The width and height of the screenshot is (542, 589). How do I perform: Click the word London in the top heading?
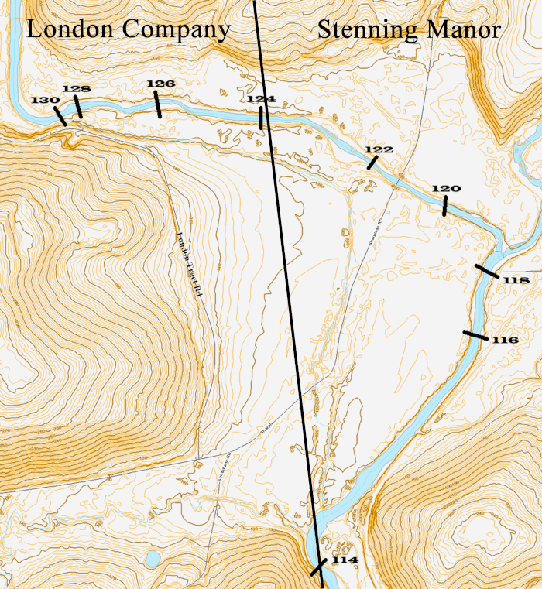(x=67, y=29)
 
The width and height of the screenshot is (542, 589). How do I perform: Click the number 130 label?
(x=44, y=101)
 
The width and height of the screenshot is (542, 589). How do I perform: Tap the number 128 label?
(x=76, y=89)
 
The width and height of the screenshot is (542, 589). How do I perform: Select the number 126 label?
(x=160, y=83)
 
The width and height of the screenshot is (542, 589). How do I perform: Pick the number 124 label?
(x=261, y=99)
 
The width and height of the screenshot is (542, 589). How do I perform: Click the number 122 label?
(x=379, y=149)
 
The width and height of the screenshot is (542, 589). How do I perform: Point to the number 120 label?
(x=446, y=188)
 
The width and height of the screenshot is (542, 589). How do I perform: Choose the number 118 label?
(x=515, y=279)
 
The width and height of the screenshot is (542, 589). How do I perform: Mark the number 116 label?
(x=504, y=340)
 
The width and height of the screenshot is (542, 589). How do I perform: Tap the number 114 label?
(x=345, y=560)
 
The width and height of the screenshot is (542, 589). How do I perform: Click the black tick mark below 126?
(x=158, y=104)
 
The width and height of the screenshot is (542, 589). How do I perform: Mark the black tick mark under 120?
(x=444, y=206)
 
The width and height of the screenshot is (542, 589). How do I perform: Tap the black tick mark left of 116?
(x=475, y=335)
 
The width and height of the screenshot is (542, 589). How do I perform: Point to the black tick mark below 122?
(x=372, y=163)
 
